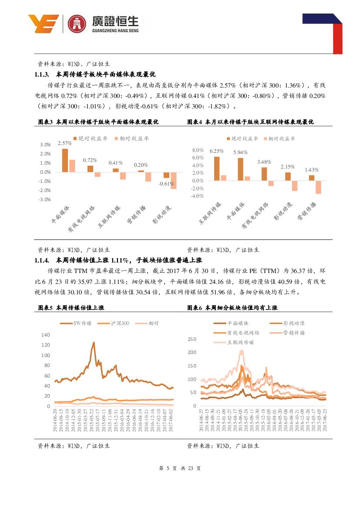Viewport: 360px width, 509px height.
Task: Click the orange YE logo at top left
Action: click(43, 24)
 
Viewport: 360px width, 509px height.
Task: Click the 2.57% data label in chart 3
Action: click(64, 143)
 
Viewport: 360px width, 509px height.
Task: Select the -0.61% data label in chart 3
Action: click(166, 183)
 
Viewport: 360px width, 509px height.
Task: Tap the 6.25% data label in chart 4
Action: click(216, 151)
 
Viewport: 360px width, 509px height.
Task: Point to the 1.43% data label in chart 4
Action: click(311, 170)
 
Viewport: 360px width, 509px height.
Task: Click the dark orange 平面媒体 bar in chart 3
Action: click(65, 160)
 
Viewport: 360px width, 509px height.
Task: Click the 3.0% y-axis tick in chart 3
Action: click(45, 145)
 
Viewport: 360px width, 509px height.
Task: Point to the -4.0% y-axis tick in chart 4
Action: click(198, 196)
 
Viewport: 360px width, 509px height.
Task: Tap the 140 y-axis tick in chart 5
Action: click(45, 335)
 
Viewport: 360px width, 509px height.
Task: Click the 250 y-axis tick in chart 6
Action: click(192, 339)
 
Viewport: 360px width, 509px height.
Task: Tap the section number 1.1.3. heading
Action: click(44, 74)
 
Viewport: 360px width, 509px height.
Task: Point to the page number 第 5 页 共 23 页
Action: click(180, 469)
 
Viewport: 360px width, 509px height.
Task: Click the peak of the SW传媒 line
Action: click(93, 343)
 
